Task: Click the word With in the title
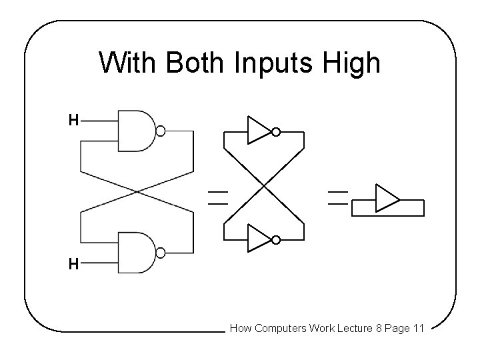(128, 64)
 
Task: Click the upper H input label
(73, 121)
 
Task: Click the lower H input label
(73, 265)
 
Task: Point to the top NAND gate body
(135, 131)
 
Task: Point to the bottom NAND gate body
(135, 253)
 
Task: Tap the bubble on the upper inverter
(275, 132)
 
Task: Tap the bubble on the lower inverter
(275, 239)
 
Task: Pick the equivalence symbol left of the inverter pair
(217, 197)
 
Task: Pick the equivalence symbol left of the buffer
(338, 197)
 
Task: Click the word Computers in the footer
(279, 328)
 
